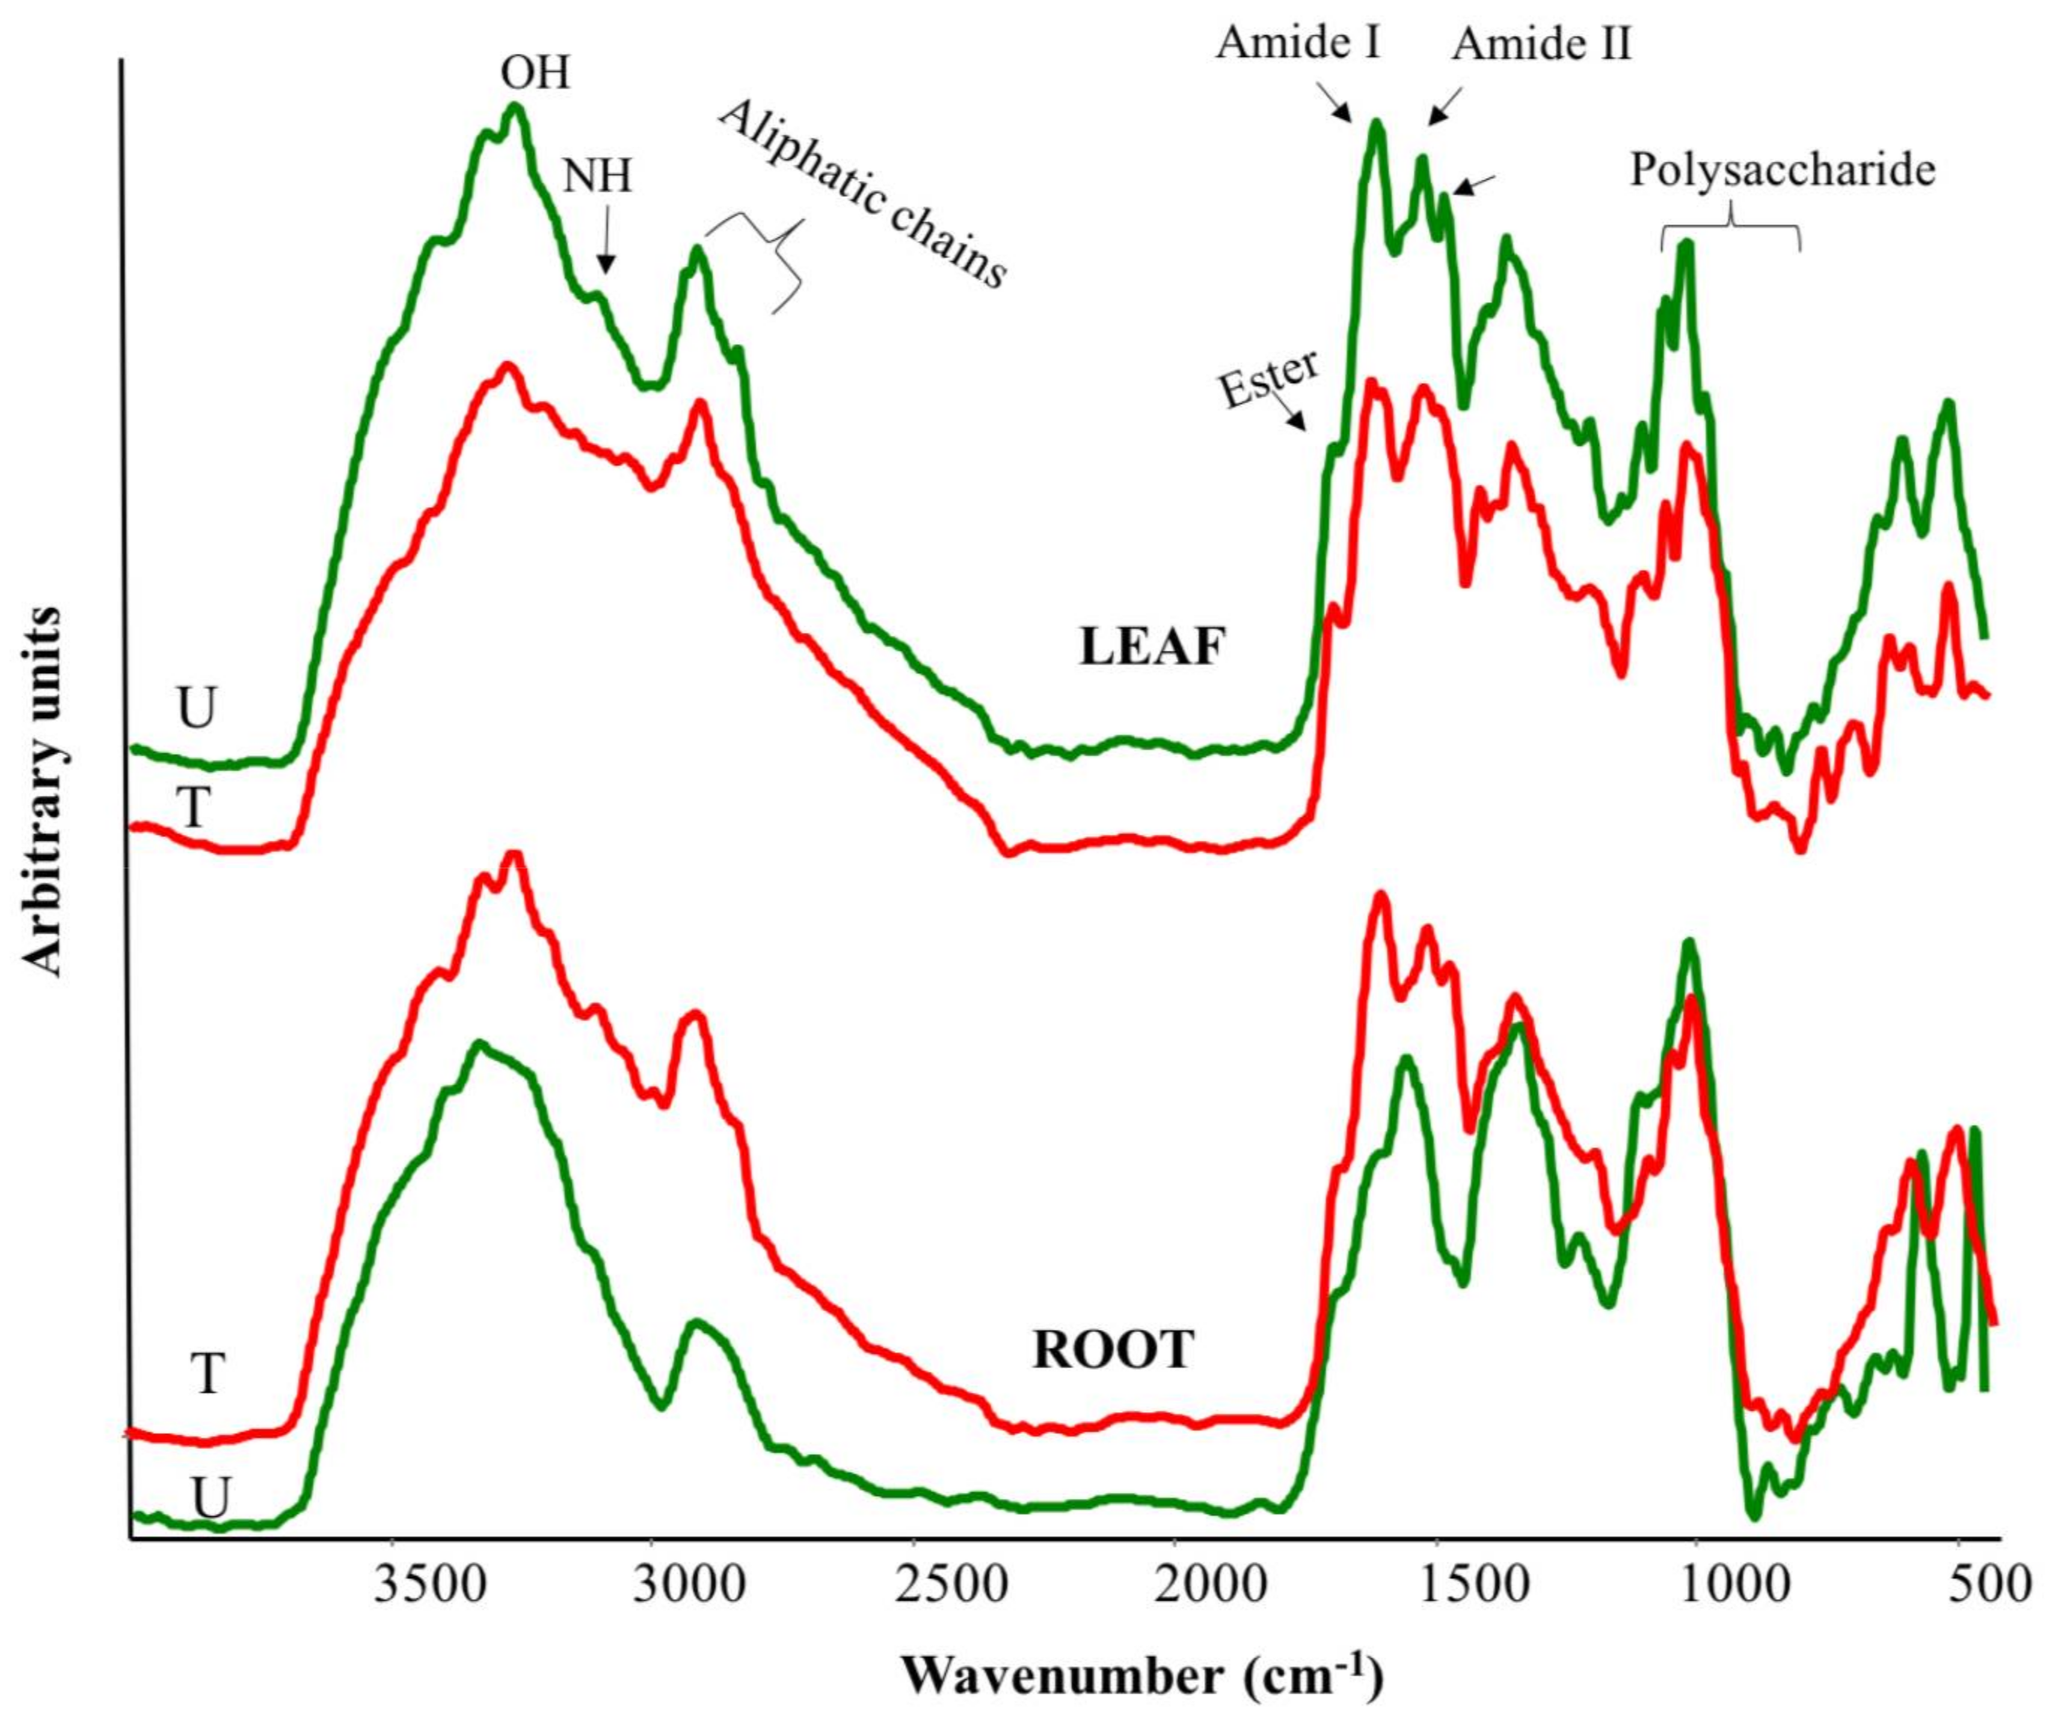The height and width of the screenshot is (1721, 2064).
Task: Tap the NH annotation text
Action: [598, 177]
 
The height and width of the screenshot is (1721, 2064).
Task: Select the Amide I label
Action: [1299, 43]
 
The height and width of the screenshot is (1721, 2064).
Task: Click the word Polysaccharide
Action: [1782, 170]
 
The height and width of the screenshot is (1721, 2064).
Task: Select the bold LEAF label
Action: [1153, 648]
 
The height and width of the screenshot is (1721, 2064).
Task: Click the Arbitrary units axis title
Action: [43, 792]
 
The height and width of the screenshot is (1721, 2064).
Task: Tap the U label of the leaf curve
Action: [196, 708]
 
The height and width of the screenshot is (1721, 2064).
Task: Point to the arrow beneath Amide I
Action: [1336, 103]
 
